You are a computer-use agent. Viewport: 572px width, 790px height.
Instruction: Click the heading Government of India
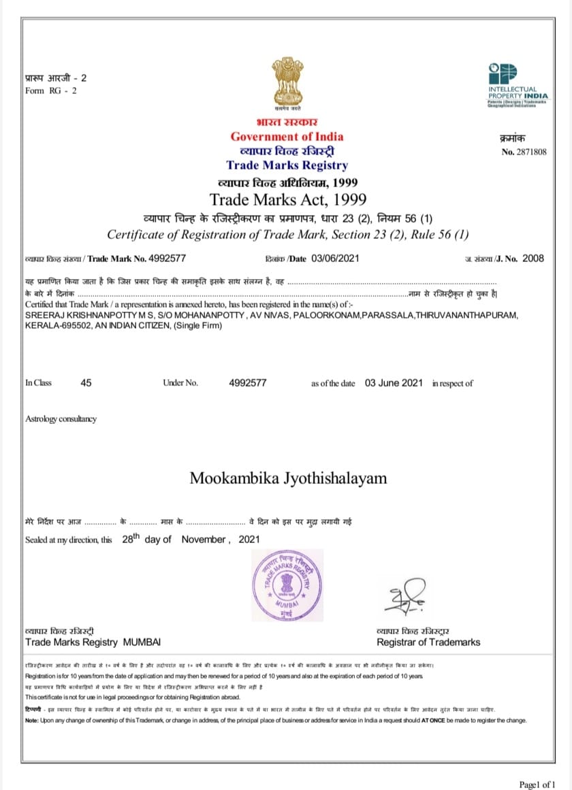tap(287, 137)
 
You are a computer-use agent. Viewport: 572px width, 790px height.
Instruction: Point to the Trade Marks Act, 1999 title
tap(287, 199)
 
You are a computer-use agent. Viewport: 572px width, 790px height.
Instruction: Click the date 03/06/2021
tap(335, 258)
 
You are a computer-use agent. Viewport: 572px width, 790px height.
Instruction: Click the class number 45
tap(86, 383)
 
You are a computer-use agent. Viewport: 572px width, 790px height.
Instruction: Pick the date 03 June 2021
tap(394, 383)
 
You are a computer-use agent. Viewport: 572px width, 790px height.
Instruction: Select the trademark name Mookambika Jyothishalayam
tap(288, 478)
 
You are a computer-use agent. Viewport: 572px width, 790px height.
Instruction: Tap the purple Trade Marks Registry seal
tap(286, 580)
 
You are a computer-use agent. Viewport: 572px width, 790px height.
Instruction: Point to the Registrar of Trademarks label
tap(428, 642)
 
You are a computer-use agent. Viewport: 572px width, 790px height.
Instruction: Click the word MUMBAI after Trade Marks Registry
tap(142, 642)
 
